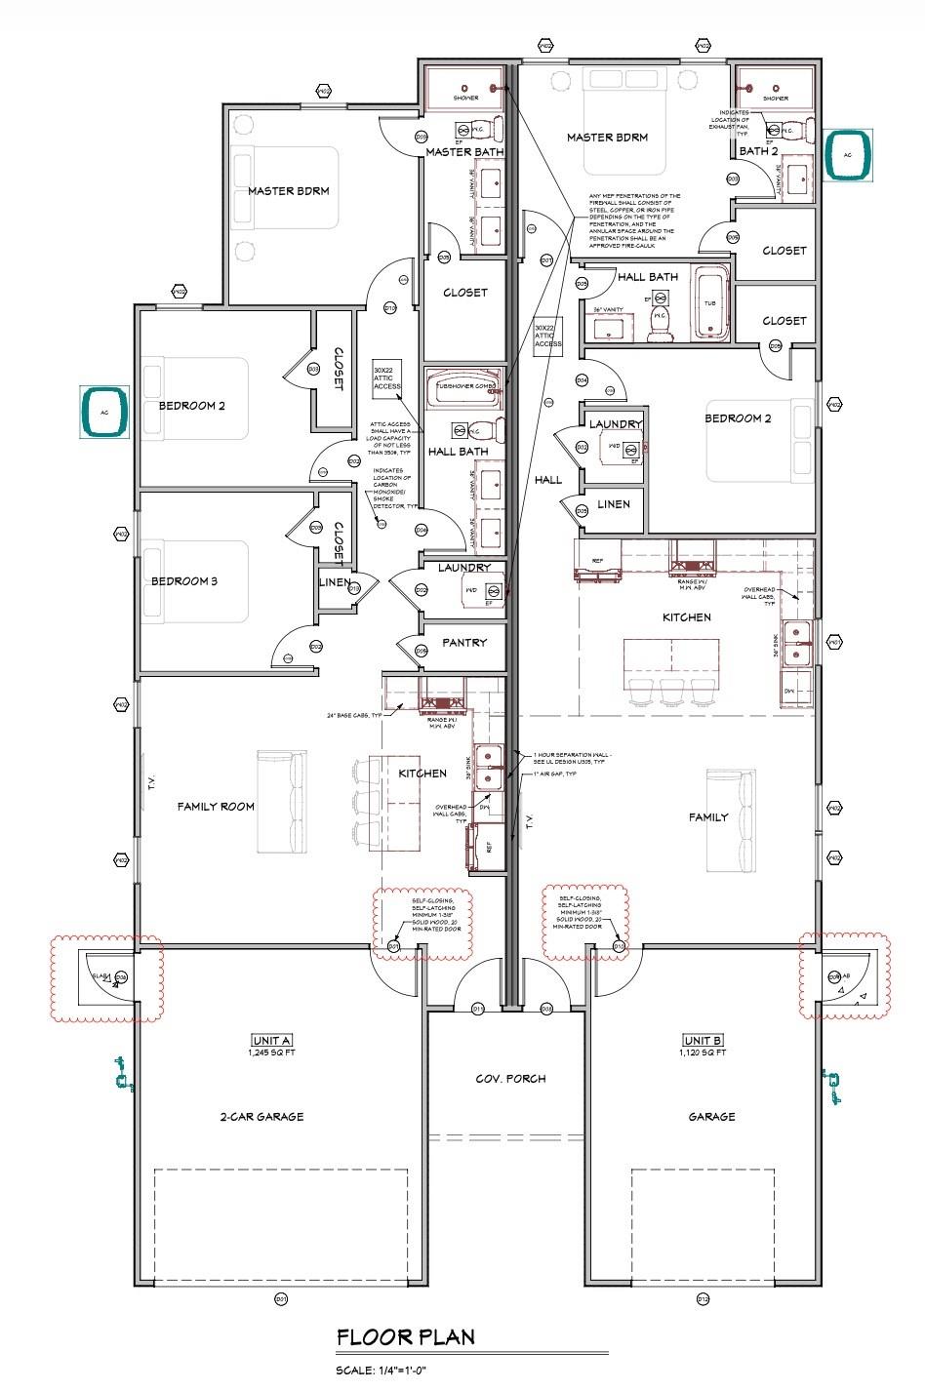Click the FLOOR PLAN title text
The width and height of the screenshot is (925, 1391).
(406, 1336)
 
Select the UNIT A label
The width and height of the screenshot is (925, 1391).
(271, 1040)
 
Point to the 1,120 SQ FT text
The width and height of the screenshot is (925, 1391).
(703, 1053)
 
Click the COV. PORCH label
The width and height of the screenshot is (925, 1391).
(510, 1079)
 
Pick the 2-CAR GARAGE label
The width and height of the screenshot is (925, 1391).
(261, 1117)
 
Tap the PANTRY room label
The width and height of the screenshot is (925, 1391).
(464, 643)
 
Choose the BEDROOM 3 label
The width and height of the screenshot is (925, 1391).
(183, 581)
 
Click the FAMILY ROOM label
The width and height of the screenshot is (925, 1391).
(216, 806)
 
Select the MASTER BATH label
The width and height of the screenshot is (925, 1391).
(463, 152)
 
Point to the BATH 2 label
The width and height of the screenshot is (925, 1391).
(758, 151)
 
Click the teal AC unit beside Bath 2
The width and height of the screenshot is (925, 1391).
(849, 156)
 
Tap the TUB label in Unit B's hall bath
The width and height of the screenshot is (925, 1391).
(709, 303)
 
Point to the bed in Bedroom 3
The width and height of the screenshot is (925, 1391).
(195, 581)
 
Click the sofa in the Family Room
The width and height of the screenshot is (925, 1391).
(282, 801)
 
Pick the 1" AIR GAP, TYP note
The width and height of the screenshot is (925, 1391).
(556, 774)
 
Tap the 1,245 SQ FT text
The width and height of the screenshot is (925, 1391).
(271, 1053)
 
